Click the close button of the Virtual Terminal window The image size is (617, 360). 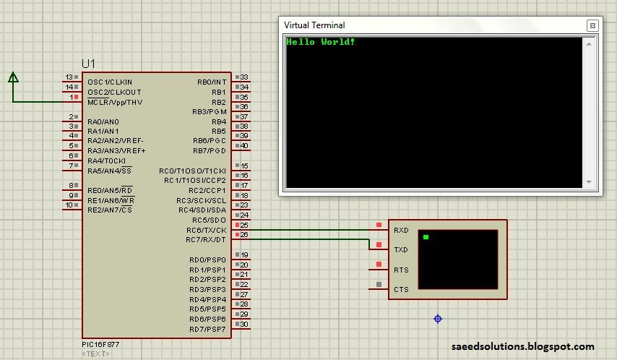coord(592,25)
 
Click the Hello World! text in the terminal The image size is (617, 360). coord(320,42)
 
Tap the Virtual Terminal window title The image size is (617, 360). coord(314,25)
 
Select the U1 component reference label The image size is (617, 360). coord(89,64)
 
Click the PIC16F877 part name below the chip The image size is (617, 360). coord(100,344)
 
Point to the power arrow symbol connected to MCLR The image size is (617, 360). coord(14,77)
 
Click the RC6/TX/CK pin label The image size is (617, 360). coord(206,230)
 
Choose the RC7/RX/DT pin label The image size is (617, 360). coord(206,239)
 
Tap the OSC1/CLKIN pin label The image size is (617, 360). coord(110,82)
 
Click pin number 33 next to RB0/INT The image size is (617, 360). coord(244,77)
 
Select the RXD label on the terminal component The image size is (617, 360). coord(401,230)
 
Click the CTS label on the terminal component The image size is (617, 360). coord(401,289)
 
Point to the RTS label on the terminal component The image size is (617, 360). coord(401,270)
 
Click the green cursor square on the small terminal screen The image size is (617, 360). coord(426,236)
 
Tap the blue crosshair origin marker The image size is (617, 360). coord(438,319)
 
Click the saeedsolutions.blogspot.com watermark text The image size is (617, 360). coord(522,346)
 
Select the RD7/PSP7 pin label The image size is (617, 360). coord(207,329)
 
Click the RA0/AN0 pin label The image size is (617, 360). coord(103,121)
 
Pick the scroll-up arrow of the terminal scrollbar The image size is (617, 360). coord(589,43)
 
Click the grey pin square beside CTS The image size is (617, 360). coord(379,284)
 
